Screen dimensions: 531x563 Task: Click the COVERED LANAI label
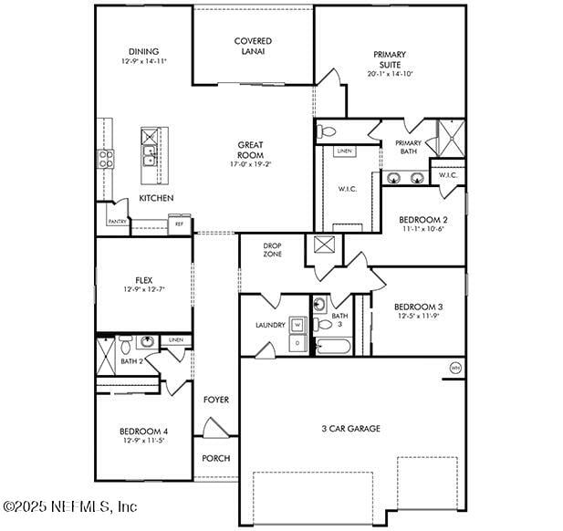(253, 46)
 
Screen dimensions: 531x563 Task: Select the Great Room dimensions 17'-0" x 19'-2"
(251, 164)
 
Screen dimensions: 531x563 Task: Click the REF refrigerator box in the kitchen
(179, 223)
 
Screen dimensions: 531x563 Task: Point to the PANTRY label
(117, 222)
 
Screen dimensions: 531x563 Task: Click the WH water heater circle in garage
(454, 368)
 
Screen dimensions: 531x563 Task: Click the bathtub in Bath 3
(332, 347)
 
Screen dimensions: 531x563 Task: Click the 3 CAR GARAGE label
(350, 428)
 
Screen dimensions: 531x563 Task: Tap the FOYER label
(216, 400)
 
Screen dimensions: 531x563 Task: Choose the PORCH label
(216, 458)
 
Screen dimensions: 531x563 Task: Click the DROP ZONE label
(272, 250)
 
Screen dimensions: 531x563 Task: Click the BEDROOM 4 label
(143, 431)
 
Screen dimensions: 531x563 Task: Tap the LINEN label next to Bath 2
(176, 340)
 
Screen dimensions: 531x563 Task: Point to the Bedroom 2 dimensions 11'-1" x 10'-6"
(422, 230)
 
